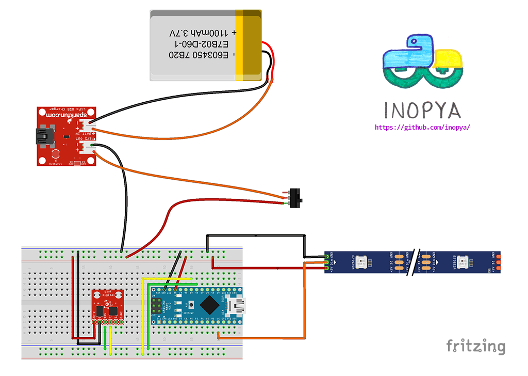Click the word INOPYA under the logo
tap(422, 110)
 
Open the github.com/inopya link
tap(422, 127)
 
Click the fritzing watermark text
tap(475, 346)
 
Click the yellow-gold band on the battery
tap(249, 45)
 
